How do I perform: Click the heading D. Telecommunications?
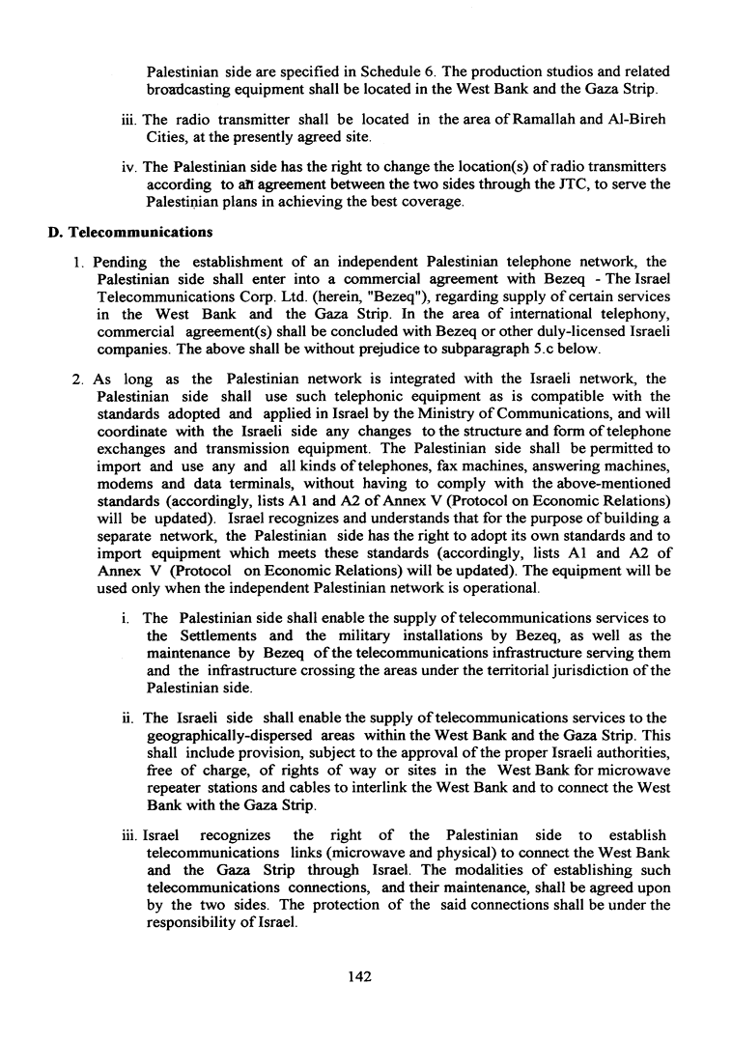[130, 233]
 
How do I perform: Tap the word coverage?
[408, 204]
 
